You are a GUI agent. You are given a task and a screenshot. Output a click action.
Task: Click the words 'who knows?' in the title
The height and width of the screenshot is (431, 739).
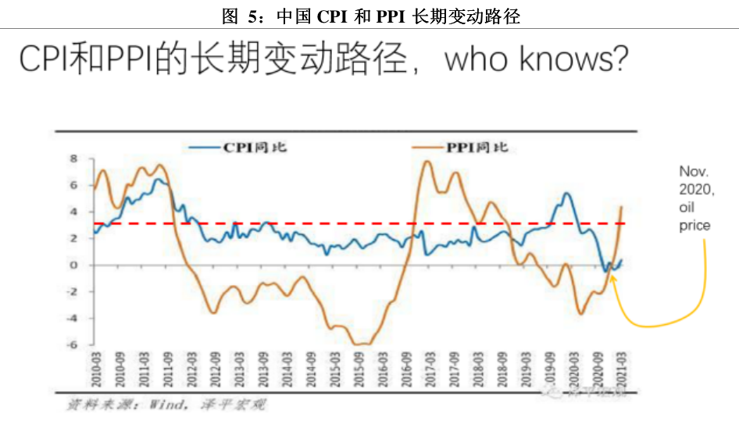tap(536, 59)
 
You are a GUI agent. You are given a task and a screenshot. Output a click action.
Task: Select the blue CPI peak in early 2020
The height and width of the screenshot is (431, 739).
tap(566, 194)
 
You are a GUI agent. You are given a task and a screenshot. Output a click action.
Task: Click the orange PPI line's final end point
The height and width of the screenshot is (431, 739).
tap(621, 207)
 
